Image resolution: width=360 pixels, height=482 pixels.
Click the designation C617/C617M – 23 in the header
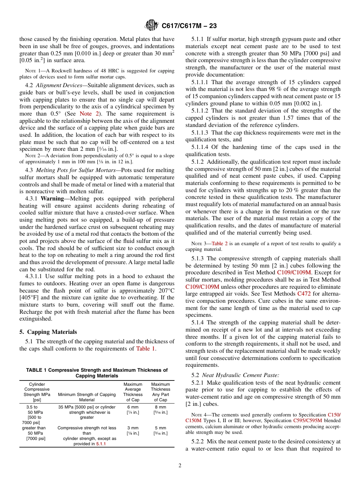(189, 26)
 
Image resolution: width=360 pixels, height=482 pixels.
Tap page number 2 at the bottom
(180, 466)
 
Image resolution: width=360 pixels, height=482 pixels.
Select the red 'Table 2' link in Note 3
(219, 244)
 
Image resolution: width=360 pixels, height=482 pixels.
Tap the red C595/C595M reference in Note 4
(308, 421)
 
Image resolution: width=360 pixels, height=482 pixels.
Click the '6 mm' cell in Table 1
(133, 407)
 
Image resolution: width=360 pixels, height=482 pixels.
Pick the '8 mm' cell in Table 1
(160, 407)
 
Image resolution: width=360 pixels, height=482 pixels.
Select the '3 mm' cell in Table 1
(133, 428)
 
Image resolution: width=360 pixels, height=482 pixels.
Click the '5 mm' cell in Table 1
(160, 428)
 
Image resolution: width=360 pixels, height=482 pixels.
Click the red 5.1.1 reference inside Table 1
(101, 444)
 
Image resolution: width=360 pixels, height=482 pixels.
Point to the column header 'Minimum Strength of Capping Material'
(87, 397)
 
